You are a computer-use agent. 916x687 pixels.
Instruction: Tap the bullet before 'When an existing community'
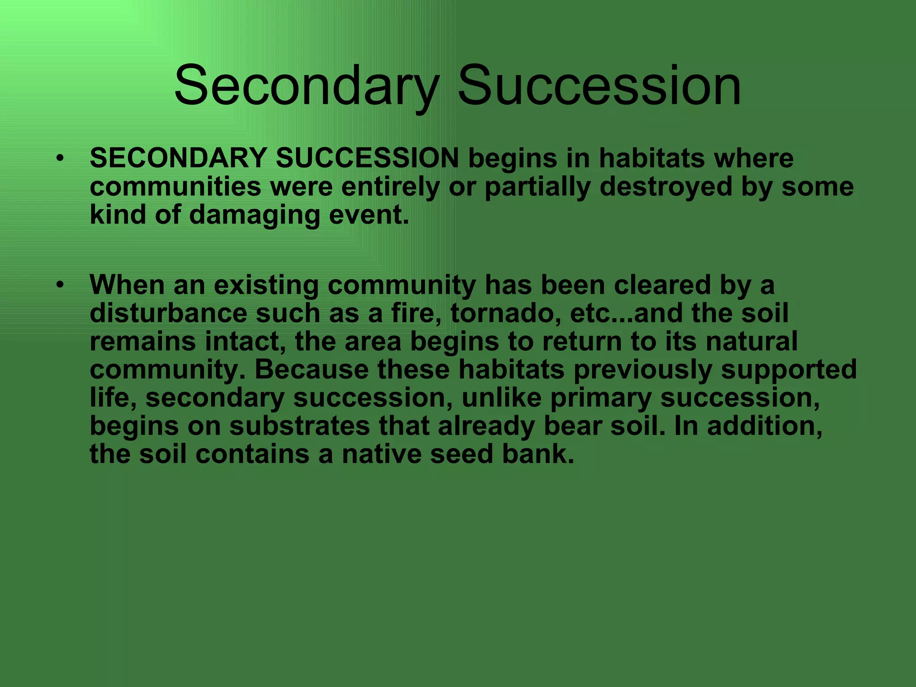[x=60, y=284]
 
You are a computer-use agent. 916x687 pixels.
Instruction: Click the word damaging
[x=254, y=215]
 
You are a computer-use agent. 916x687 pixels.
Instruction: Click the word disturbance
[x=168, y=313]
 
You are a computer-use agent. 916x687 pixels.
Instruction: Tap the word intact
[x=246, y=341]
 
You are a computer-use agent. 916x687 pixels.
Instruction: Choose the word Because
[x=312, y=370]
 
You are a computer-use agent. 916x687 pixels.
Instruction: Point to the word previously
[x=643, y=370]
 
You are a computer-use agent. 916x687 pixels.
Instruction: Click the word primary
[x=601, y=398]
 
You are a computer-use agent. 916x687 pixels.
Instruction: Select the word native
[x=381, y=454]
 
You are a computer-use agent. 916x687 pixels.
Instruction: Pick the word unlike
[x=501, y=398]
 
